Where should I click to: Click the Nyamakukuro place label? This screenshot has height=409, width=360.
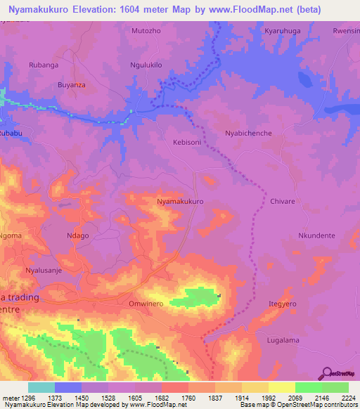[x=181, y=201]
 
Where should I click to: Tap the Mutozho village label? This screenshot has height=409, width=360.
[x=146, y=32]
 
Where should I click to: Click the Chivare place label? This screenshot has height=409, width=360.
[x=283, y=201]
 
